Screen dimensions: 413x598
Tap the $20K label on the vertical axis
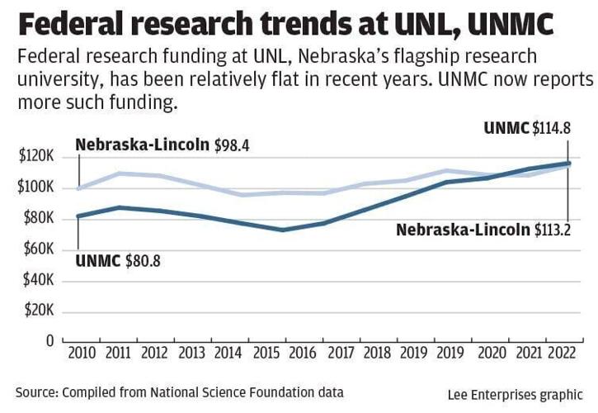click(38, 311)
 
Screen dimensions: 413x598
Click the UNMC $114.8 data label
click(526, 128)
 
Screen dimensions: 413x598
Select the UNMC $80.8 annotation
click(119, 262)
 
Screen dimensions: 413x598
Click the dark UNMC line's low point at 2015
click(283, 230)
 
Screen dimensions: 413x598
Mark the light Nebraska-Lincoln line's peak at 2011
click(120, 173)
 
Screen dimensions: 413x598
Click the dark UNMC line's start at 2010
click(78, 216)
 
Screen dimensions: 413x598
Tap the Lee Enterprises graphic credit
click(516, 394)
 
